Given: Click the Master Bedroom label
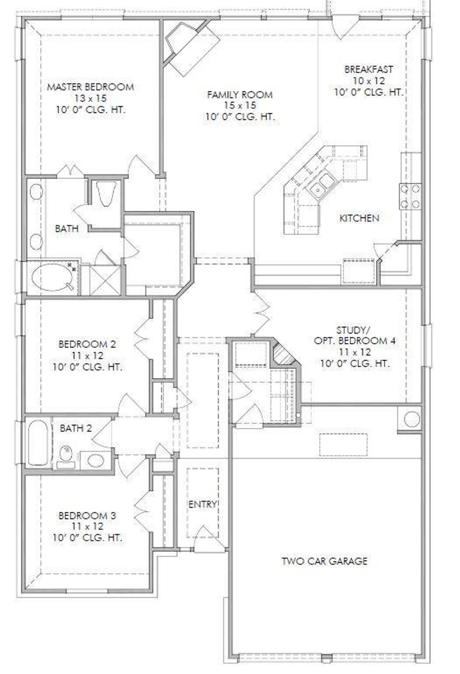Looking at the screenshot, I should (91, 87).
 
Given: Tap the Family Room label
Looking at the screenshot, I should (240, 95).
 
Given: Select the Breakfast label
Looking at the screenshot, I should (368, 69).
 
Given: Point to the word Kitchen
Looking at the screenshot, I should (359, 218).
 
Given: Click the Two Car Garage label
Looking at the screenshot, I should (324, 561).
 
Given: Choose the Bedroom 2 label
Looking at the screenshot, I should (87, 344).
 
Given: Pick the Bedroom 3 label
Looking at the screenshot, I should (87, 515).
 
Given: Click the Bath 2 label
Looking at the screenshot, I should (76, 428).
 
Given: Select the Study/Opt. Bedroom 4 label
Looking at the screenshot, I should (355, 340).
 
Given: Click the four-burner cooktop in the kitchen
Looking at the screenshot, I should (410, 196).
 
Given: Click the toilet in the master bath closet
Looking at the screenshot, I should (107, 193).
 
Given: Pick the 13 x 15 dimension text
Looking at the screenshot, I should (91, 98).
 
